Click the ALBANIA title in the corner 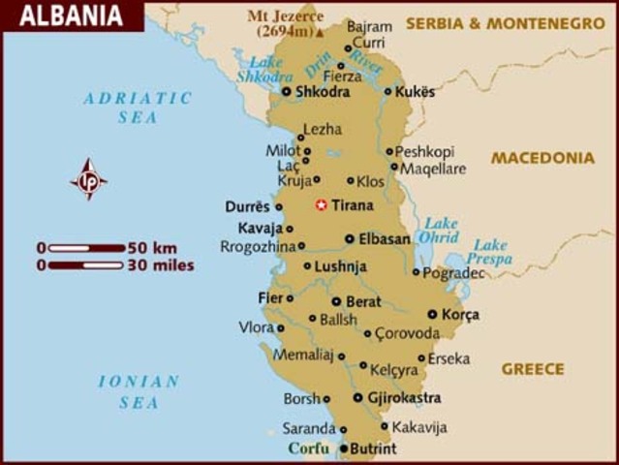[x=72, y=16]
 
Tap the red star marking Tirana [x=321, y=205]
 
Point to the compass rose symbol [x=89, y=179]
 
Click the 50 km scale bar [x=86, y=248]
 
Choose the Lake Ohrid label [x=441, y=230]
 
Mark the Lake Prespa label [x=488, y=252]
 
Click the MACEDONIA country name [x=542, y=158]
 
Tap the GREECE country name [x=533, y=369]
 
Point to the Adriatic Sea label [x=138, y=107]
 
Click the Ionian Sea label [x=139, y=391]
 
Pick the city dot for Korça [x=432, y=314]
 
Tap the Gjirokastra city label [x=404, y=397]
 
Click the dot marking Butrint [x=343, y=449]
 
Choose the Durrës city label [x=247, y=206]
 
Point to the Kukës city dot [x=387, y=92]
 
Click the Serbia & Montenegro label [x=505, y=22]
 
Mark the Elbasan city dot [x=350, y=238]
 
